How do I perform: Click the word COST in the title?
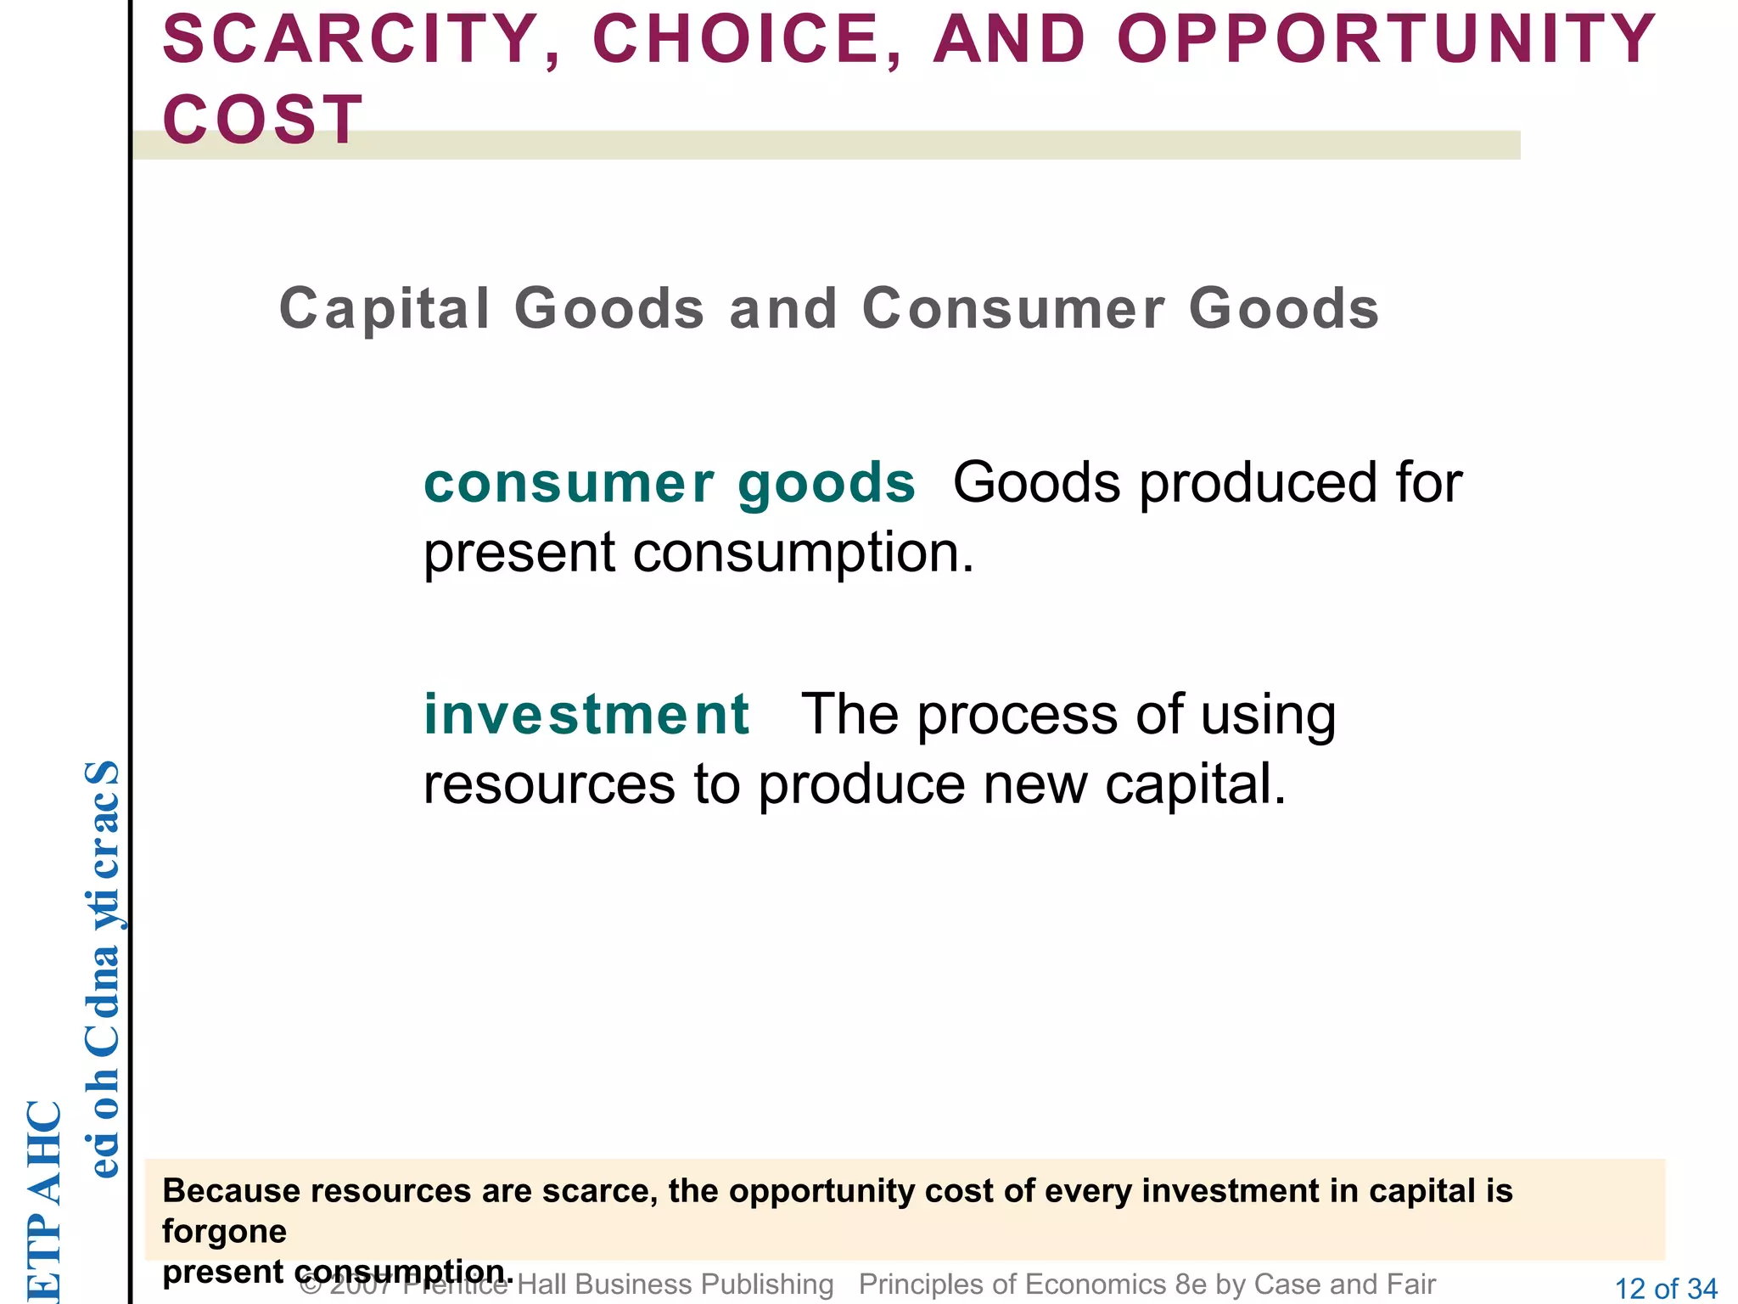coord(263,120)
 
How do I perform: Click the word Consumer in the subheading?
coord(1014,308)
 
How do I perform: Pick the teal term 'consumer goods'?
coord(670,483)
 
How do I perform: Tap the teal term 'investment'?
coord(586,714)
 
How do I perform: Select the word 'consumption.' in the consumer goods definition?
coord(804,553)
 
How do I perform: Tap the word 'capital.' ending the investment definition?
coord(1196,784)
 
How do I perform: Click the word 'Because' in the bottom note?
coord(230,1191)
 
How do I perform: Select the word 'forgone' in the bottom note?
coord(224,1231)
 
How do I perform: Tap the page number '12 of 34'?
coord(1666,1289)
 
